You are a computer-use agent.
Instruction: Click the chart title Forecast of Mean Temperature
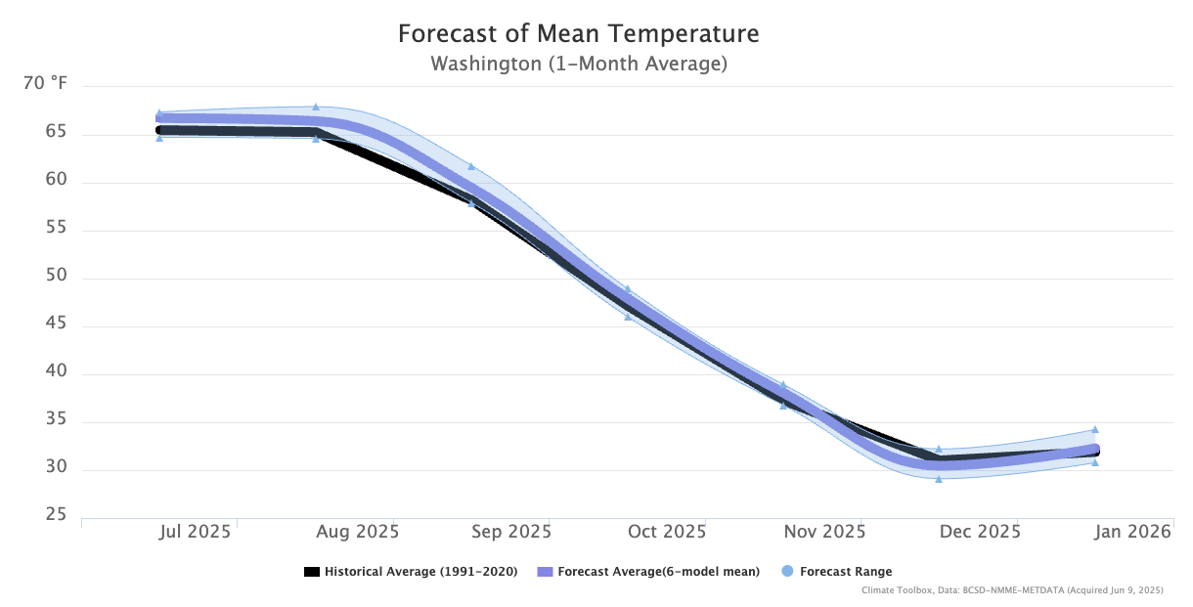coord(578,34)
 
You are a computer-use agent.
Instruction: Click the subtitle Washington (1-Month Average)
coord(578,65)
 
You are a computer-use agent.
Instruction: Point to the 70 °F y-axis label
coord(45,85)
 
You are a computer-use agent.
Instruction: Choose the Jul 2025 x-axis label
coord(196,533)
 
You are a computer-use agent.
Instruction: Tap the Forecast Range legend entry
coord(845,572)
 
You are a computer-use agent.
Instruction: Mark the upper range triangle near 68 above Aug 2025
coord(316,107)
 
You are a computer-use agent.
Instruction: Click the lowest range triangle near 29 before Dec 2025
coord(939,479)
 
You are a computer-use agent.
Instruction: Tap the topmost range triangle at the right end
coord(1095,429)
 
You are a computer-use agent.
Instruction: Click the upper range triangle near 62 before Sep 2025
coord(471,166)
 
